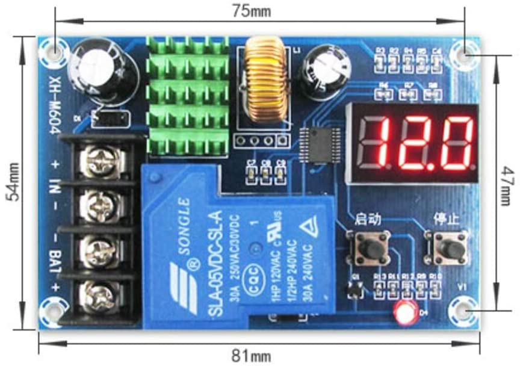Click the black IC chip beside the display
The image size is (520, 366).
(318, 145)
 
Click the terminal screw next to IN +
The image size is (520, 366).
(96, 160)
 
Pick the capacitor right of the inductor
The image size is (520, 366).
(318, 73)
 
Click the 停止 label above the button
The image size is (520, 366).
(445, 217)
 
